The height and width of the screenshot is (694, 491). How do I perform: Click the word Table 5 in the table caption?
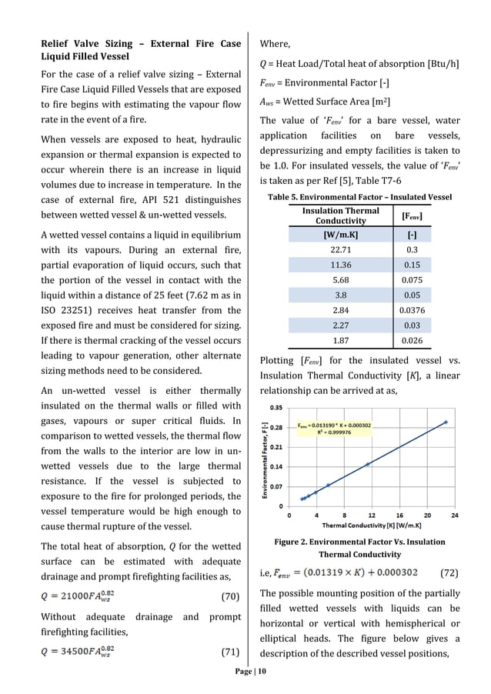pyautogui.click(x=286, y=197)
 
